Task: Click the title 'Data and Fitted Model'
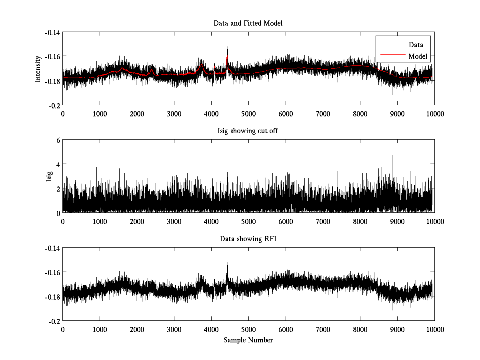point(248,23)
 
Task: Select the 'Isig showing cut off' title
point(248,131)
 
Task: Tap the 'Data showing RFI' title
point(248,239)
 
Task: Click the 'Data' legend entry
point(416,45)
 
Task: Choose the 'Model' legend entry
point(418,56)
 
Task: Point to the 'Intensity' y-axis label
point(38,68)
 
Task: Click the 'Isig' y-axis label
point(49,176)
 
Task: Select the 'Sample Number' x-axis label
point(248,340)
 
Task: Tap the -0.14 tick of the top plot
point(52,32)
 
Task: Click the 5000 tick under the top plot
point(248,114)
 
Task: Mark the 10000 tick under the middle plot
point(434,221)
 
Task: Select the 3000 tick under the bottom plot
point(174,329)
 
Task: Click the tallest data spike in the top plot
point(227,47)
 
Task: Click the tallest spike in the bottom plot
point(227,263)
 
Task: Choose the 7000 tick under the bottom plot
point(323,329)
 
